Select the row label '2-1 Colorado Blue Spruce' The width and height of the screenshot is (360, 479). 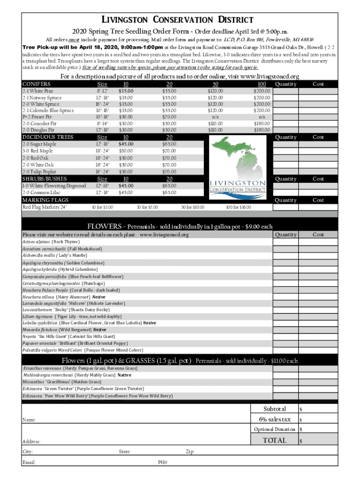[48, 110]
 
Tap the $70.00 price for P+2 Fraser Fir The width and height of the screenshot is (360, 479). [169, 117]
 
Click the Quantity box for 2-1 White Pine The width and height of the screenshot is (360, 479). [286, 91]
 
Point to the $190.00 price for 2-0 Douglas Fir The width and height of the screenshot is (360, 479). [261, 130]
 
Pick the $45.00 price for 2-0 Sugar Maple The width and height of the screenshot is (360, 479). [126, 144]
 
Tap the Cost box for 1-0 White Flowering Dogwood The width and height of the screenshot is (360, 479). [318, 186]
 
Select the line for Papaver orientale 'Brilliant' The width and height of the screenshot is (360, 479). [75, 343]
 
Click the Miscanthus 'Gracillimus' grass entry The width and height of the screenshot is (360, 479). [62, 382]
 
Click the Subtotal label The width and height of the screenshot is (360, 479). [274, 409]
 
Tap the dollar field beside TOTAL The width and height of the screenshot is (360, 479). [318, 441]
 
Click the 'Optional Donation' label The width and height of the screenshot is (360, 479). [274, 429]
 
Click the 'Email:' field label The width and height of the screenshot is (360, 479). [29, 462]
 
